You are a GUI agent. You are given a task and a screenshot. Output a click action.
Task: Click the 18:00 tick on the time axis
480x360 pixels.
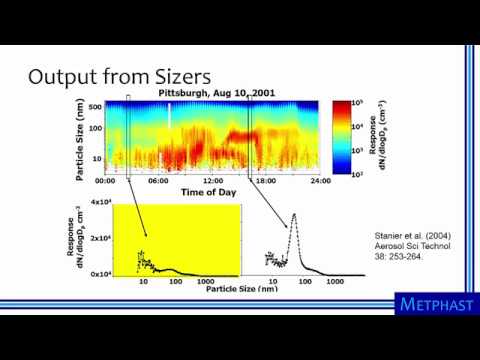pyautogui.click(x=265, y=181)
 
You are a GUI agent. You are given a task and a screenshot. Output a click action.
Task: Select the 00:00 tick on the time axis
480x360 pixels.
pyautogui.click(x=105, y=181)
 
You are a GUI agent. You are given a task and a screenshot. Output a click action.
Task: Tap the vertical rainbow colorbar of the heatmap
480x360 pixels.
pyautogui.click(x=343, y=138)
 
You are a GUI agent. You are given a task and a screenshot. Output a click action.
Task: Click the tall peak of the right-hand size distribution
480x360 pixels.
pyautogui.click(x=294, y=214)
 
